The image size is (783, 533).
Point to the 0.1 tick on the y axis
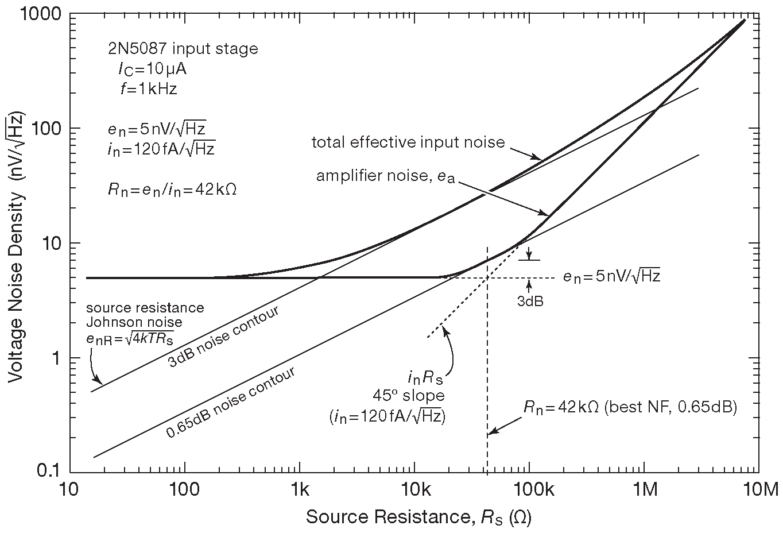pyautogui.click(x=43, y=472)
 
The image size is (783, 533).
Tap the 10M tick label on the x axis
pyautogui.click(x=761, y=490)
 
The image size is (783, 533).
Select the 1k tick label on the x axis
pyautogui.click(x=300, y=490)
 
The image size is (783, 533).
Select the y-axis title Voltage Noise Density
pyautogui.click(x=17, y=247)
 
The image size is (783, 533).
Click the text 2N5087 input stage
pyautogui.click(x=183, y=49)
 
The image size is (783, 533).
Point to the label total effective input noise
pyautogui.click(x=408, y=142)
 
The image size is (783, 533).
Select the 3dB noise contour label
pyautogui.click(x=223, y=337)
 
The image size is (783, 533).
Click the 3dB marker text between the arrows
pyautogui.click(x=529, y=300)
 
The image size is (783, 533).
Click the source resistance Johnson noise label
pyautogui.click(x=145, y=322)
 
